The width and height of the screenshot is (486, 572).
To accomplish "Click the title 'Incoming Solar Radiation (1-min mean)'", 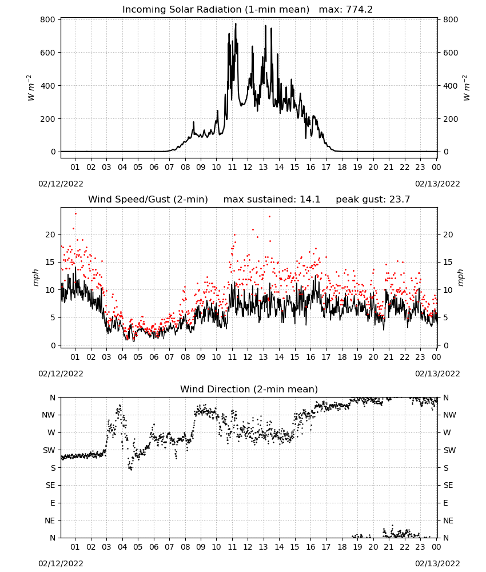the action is pos(216,10).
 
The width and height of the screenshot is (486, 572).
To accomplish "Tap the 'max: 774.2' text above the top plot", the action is pos(346,10).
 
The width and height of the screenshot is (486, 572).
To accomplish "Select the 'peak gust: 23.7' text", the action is pos(373,200).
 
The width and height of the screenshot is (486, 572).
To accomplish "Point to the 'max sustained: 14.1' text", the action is pos(272,200).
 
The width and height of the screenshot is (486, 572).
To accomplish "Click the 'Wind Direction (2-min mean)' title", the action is pos(249,389).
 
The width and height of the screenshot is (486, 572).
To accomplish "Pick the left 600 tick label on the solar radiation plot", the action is pos(48,53).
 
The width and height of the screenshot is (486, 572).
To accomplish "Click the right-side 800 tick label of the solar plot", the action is pos(451,19).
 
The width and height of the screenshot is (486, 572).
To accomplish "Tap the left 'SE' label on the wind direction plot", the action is pos(50,485).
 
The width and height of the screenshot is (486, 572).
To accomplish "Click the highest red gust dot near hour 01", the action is pos(75,214).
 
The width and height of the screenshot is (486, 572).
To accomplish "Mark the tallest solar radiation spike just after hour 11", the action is pos(236,23).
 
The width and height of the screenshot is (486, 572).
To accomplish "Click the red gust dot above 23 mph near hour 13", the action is pos(269,216).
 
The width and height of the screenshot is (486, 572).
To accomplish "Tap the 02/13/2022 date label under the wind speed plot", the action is pos(437,374).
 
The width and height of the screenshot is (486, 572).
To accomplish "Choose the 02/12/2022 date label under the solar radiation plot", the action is pos(61,184).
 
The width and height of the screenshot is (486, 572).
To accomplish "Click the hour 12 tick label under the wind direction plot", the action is pos(248,547).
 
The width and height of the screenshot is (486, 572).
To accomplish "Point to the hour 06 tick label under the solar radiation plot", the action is pos(154,167).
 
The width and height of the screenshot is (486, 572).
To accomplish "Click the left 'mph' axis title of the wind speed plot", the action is pos(35,277).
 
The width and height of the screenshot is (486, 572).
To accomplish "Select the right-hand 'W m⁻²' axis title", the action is pos(467,88).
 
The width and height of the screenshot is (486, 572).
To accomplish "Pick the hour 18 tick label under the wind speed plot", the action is pos(341,357).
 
